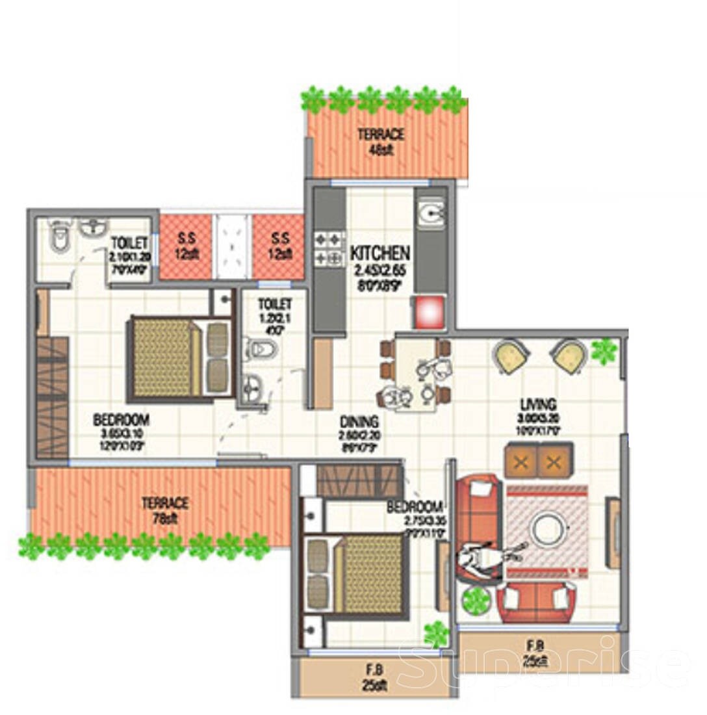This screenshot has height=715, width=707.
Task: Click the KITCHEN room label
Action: click(x=380, y=252)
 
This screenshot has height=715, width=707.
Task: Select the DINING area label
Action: click(x=357, y=422)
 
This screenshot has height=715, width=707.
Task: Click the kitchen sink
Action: click(x=430, y=213)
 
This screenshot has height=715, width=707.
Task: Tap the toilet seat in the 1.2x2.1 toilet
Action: click(x=261, y=350)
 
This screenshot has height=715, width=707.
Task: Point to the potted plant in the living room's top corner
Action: click(x=604, y=351)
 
